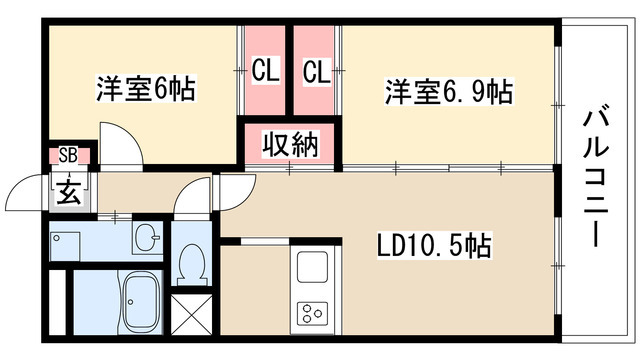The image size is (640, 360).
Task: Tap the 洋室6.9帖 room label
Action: (450, 93)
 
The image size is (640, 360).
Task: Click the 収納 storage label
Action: (290, 144)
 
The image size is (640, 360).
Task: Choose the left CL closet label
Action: (265, 71)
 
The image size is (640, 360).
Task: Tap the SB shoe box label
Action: (68, 154)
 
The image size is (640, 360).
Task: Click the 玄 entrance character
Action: (69, 190)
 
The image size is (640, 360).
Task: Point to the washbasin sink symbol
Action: (147, 239)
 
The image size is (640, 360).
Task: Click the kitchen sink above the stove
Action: (311, 268)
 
